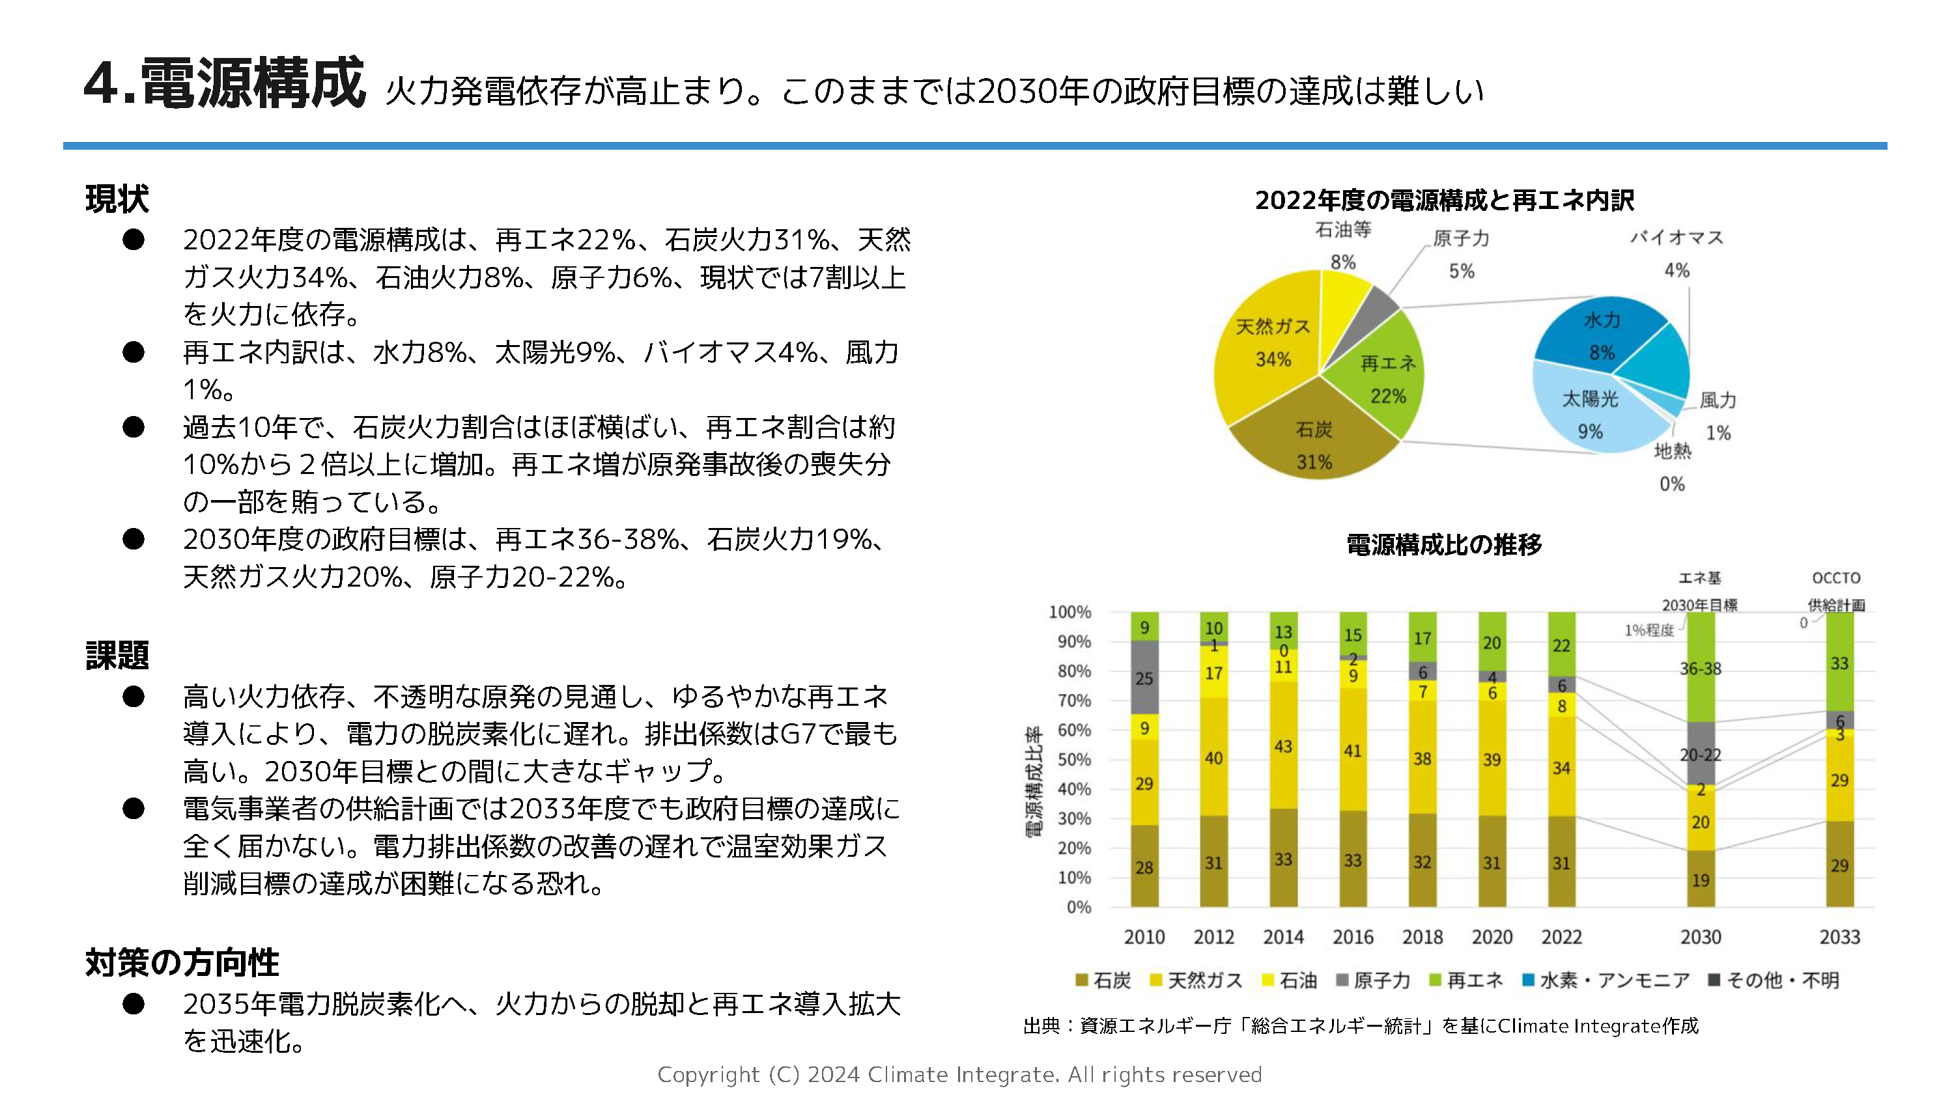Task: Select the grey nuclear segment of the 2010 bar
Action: [1144, 677]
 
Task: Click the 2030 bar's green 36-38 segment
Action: [1700, 667]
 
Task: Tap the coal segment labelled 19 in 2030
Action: [1700, 879]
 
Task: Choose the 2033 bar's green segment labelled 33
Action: [1839, 662]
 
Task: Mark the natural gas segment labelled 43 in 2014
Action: [1282, 745]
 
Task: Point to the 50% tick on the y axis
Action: [1074, 759]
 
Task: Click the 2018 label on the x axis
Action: [1423, 937]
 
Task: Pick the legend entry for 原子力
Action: [1372, 980]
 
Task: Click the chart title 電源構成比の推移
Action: [1443, 544]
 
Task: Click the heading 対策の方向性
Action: [182, 962]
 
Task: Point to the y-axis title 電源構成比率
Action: [1033, 782]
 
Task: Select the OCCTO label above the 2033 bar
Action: [1835, 578]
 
